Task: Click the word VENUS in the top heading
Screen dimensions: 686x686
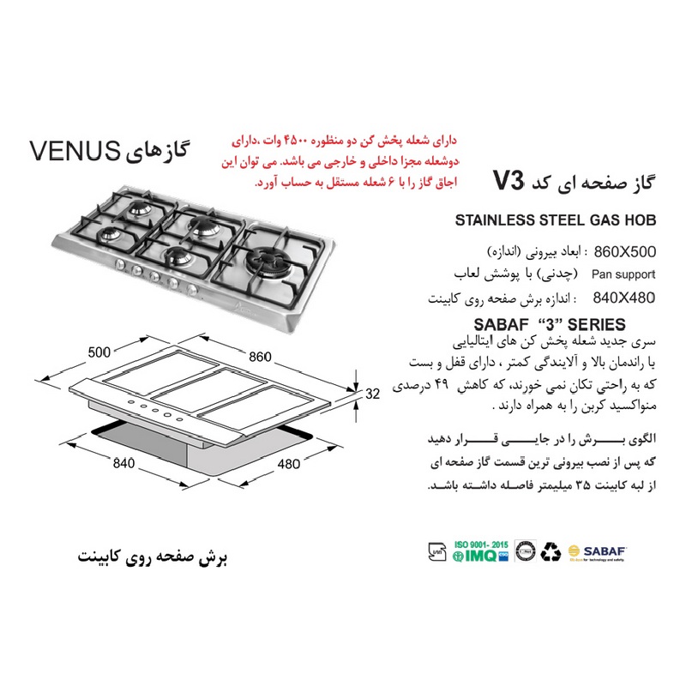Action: (x=75, y=151)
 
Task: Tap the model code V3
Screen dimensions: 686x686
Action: (x=508, y=181)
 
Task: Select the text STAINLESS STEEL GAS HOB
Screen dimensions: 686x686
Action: (x=556, y=220)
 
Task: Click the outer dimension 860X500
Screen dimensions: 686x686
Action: (x=625, y=252)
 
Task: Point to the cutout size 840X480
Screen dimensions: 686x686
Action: (x=624, y=298)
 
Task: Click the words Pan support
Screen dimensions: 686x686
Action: (x=623, y=274)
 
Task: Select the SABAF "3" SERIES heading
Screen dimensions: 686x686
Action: (x=550, y=325)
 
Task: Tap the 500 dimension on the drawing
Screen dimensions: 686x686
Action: (x=99, y=352)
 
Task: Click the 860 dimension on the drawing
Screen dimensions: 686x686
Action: (x=261, y=357)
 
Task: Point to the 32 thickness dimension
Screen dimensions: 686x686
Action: (x=373, y=394)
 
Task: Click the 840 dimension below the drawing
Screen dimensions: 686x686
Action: (x=123, y=463)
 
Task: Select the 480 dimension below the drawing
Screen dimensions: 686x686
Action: (x=289, y=464)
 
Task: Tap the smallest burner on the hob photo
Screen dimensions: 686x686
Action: (x=109, y=235)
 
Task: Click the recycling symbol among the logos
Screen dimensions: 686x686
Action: (x=551, y=551)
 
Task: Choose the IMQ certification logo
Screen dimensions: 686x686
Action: (x=480, y=556)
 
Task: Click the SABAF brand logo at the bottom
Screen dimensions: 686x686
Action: (x=597, y=552)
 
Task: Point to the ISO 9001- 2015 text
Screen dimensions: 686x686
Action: (x=481, y=545)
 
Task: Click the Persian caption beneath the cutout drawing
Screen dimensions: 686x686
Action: (x=153, y=557)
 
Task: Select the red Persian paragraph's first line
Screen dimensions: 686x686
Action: (x=345, y=141)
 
